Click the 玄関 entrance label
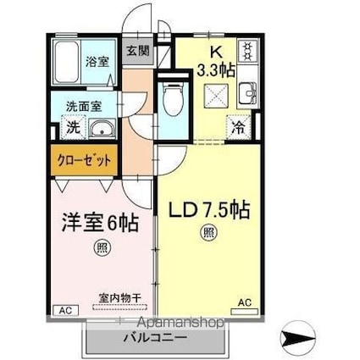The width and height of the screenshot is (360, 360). pos(137,51)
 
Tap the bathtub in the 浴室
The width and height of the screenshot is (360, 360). pos(66,62)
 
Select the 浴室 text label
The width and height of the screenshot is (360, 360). pos(97,62)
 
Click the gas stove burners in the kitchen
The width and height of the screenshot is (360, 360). pos(247,51)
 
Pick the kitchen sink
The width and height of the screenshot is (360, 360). pos(248,93)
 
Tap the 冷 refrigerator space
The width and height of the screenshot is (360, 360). pos(238,128)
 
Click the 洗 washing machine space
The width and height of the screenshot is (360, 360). pos(74,128)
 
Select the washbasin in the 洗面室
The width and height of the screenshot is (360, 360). pos(102,130)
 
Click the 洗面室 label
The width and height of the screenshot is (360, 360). pos(84,107)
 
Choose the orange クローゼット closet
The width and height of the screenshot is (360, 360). pos(84,160)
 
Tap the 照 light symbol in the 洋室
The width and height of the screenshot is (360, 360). pos(102,247)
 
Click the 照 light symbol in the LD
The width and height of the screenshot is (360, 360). pos(209,232)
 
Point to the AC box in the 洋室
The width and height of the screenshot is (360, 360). pos(66,311)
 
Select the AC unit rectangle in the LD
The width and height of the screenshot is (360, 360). pos(245,312)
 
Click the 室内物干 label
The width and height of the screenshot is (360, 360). pos(119,298)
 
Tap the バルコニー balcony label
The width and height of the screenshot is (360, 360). pos(155,337)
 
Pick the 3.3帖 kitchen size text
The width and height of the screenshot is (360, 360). pos(216,70)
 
